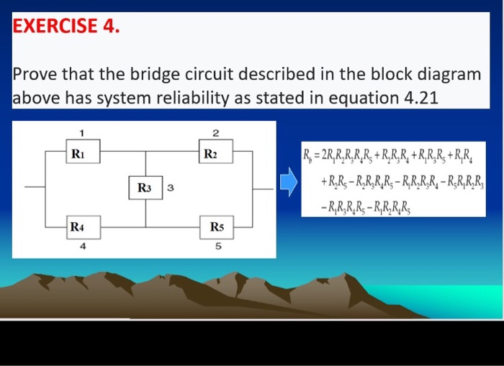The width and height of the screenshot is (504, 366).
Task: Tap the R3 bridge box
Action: pos(145,188)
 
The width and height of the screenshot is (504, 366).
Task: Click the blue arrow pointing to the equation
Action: pos(288,182)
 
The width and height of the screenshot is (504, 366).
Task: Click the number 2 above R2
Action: pos(215,132)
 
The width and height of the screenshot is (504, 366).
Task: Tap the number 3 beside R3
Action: pos(169,188)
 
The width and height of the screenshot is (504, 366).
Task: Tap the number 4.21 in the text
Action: pos(415,97)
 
